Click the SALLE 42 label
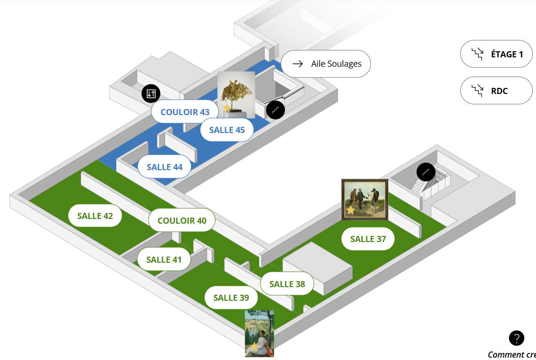(95, 216)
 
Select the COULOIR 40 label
(182, 220)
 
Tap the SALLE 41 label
(164, 259)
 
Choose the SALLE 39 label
(231, 297)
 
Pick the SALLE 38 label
(287, 284)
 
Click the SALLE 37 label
(368, 239)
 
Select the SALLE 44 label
(165, 167)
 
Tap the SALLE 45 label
(227, 130)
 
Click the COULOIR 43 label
(185, 112)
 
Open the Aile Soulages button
(326, 64)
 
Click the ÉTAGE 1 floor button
(497, 54)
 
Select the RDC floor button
(497, 91)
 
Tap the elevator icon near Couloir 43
(151, 94)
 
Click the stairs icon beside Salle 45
(276, 110)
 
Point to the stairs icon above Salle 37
(426, 172)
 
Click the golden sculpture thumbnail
(236, 95)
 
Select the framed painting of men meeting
(365, 199)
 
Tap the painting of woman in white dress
(260, 333)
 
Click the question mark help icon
(517, 338)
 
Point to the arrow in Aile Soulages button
(298, 63)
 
